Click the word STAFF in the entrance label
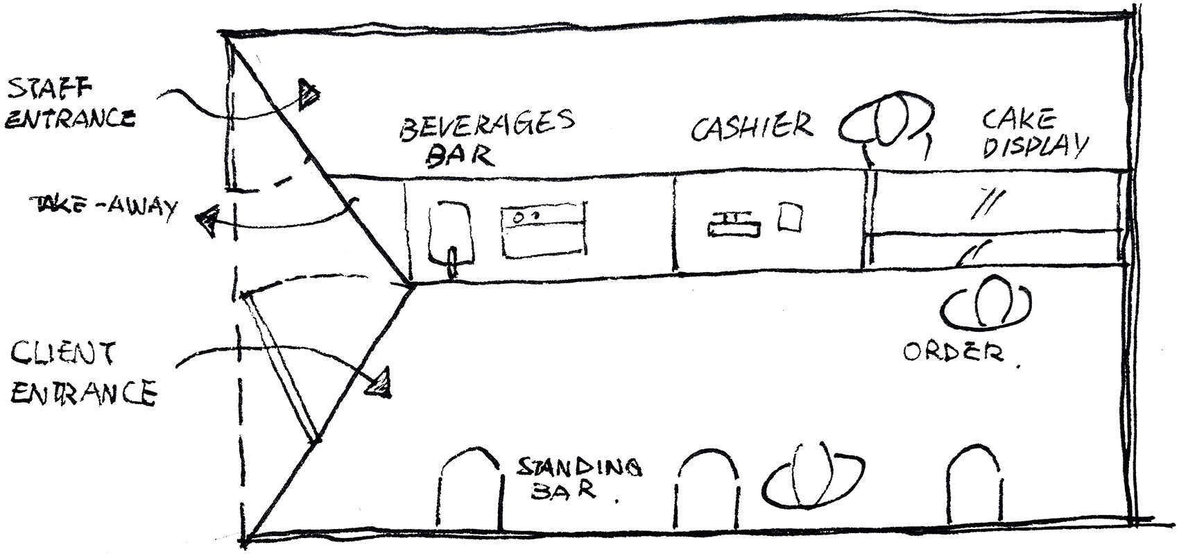click(49, 89)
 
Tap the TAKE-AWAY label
click(104, 207)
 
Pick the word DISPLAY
click(1035, 146)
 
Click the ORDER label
click(954, 352)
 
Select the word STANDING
click(580, 467)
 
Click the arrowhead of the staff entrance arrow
click(309, 95)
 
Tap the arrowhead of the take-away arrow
click(208, 221)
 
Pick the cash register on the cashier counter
click(734, 224)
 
